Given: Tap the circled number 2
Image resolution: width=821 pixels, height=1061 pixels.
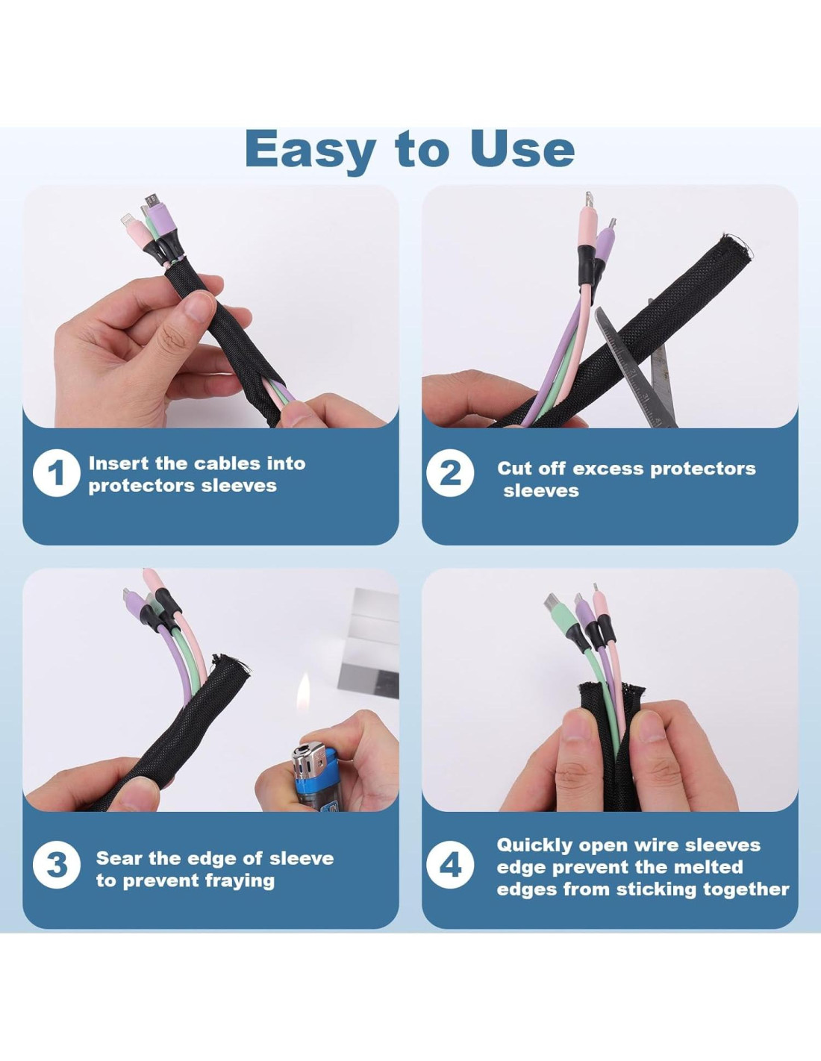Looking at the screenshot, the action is pyautogui.click(x=450, y=474).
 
